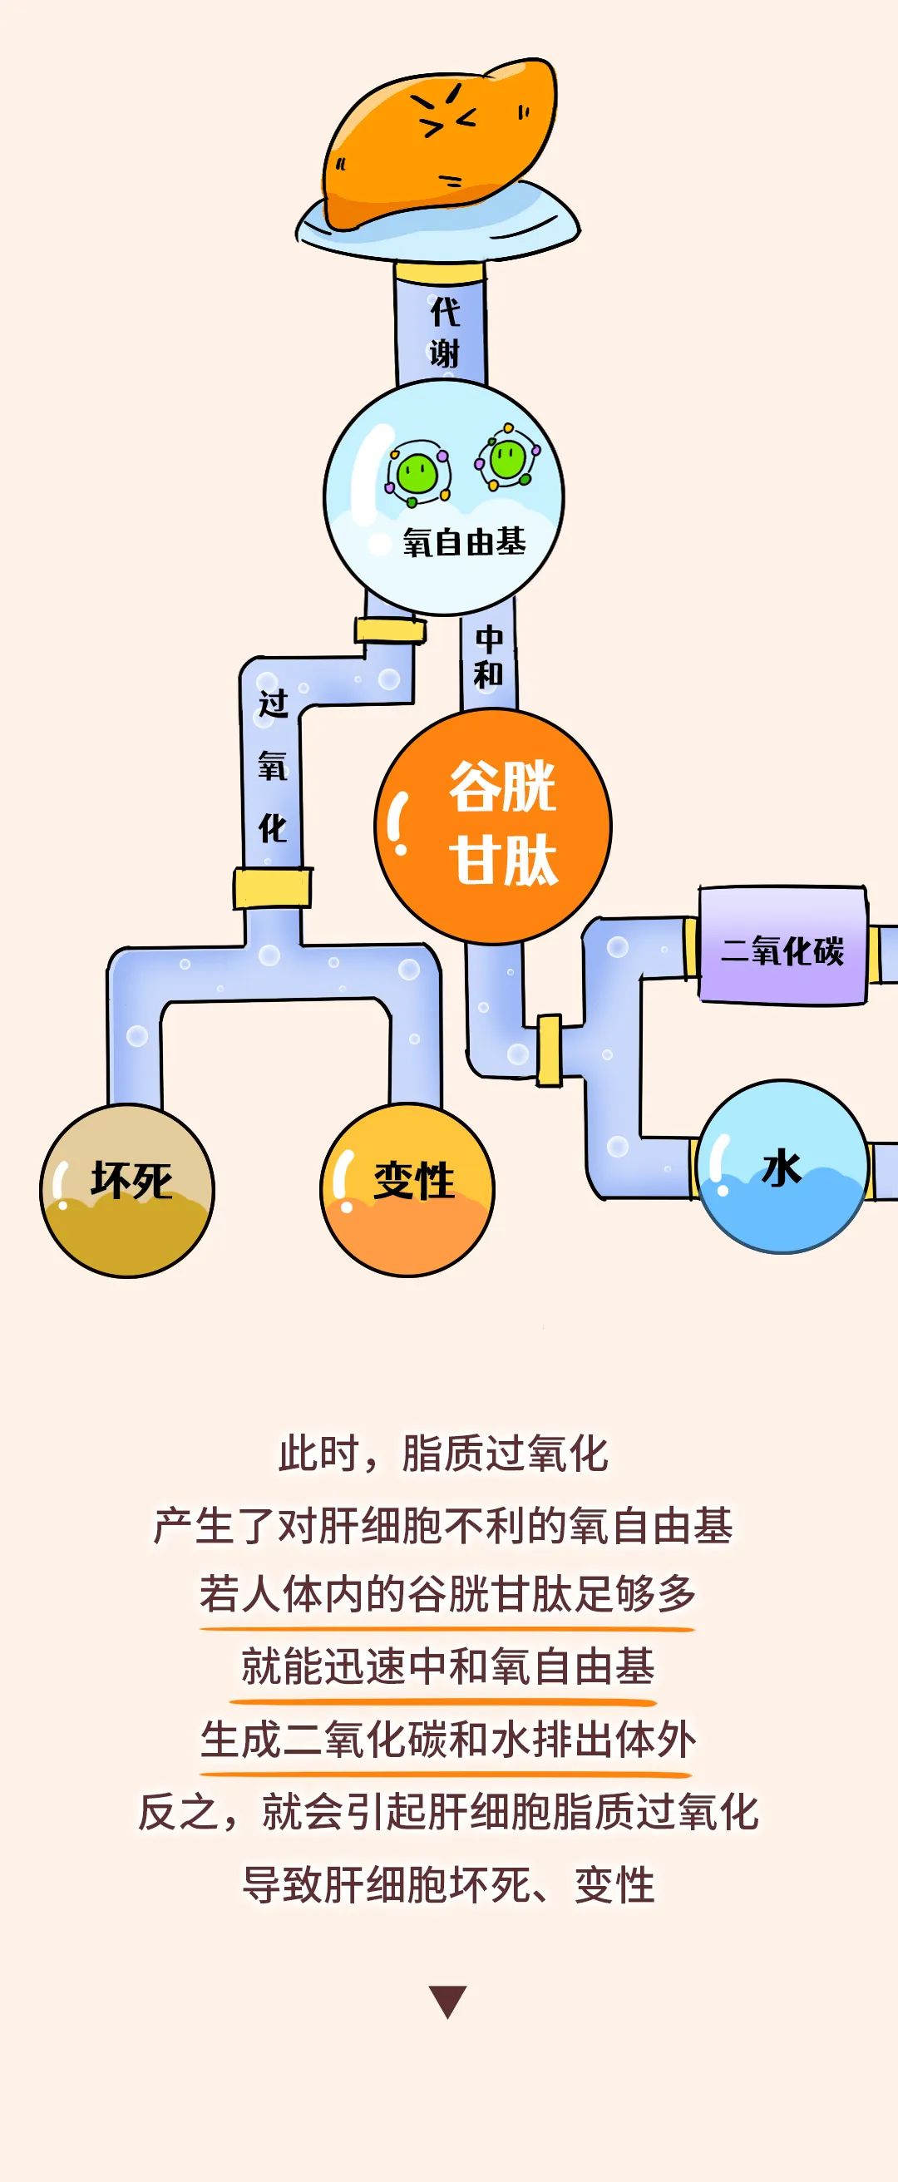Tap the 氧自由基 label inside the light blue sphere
point(464,542)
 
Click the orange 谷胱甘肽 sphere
point(494,826)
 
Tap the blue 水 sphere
point(781,1168)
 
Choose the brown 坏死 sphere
point(128,1190)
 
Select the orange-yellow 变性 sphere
point(407,1190)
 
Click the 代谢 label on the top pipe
point(444,332)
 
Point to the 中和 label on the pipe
point(489,655)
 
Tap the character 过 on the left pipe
point(273,702)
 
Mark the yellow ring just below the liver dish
point(440,272)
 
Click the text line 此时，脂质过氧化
point(444,1454)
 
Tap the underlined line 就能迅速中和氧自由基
point(447,1667)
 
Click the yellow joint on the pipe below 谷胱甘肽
point(549,1050)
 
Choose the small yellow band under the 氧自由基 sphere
point(389,630)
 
